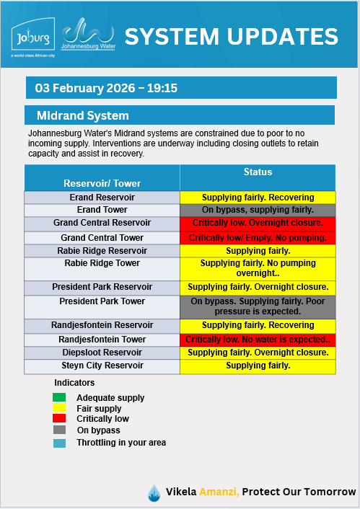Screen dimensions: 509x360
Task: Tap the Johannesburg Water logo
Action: coord(87,35)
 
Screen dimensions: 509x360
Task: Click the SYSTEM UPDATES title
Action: coord(231,36)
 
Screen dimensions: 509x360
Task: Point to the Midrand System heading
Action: coord(83,115)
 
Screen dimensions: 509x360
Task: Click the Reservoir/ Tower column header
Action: coord(102,183)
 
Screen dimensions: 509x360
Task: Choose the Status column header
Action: coord(258,172)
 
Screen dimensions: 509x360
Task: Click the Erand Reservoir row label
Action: coord(102,198)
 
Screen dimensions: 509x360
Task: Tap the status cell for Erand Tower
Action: coord(258,210)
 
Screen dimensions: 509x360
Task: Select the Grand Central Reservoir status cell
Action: coord(258,223)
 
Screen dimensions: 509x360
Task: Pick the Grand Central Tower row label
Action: coord(102,238)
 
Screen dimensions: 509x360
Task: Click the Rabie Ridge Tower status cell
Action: coord(258,269)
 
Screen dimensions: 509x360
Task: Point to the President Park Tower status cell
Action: coord(258,306)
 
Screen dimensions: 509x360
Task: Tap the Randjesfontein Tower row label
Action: coord(102,340)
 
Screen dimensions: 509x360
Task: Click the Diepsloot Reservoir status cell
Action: coord(258,353)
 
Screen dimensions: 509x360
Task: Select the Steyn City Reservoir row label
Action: coord(102,366)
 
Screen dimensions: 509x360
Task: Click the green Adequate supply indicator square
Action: coord(58,397)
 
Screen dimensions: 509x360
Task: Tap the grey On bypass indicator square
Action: coord(58,430)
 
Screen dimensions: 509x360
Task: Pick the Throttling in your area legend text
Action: coord(121,442)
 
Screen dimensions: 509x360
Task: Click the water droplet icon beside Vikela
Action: coord(154,492)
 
